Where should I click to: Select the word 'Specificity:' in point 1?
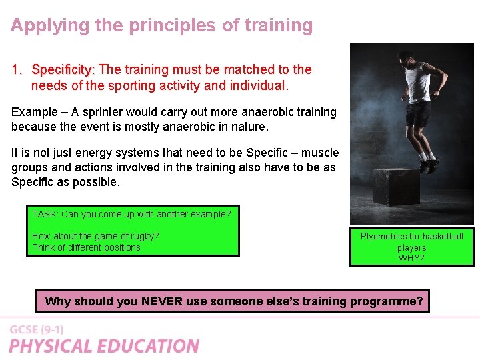tap(64, 69)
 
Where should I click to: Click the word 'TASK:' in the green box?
tap(45, 214)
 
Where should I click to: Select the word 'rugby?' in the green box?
tap(144, 236)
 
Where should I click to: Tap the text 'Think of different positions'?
tap(86, 247)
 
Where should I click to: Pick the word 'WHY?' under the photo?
tap(411, 258)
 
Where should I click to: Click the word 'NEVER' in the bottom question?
tap(162, 301)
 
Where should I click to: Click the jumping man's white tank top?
tap(418, 83)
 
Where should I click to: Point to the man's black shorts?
tap(418, 113)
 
